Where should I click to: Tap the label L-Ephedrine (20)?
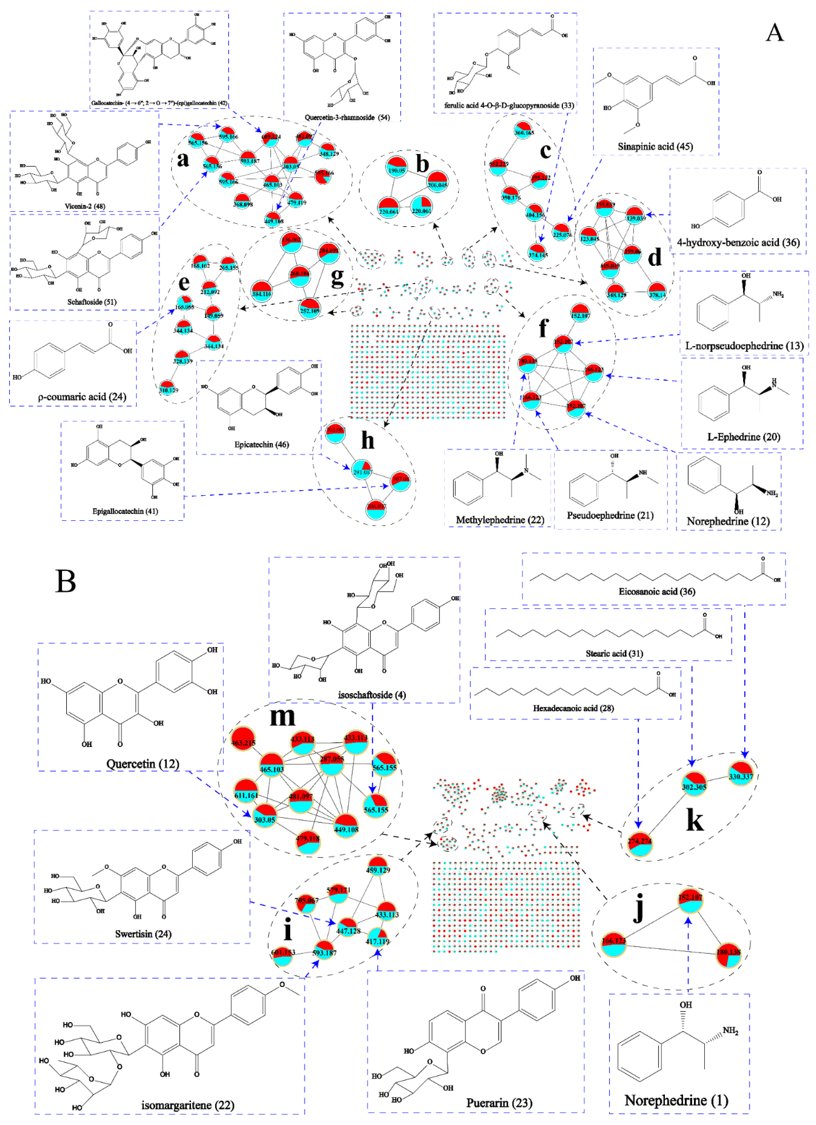tap(743, 436)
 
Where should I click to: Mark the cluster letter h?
tap(367, 440)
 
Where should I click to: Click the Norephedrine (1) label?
tap(676, 1100)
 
